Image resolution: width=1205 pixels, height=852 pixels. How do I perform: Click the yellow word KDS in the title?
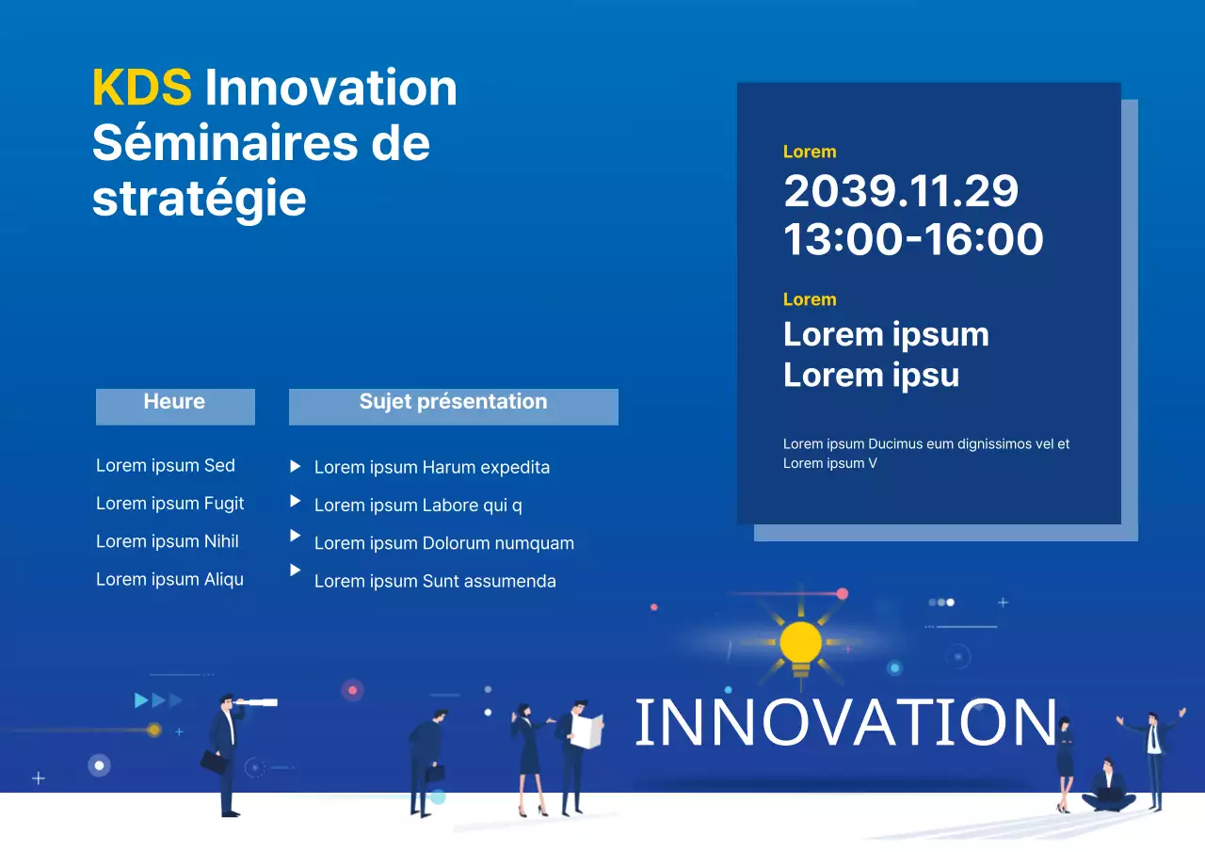[x=141, y=88]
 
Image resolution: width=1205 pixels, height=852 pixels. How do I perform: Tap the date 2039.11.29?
[x=901, y=191]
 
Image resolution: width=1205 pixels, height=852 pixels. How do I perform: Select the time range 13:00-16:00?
[x=913, y=239]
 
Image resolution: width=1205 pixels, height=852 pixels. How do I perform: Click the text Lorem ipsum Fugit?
[x=169, y=504]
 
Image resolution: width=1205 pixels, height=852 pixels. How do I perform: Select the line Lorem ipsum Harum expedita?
[x=431, y=468]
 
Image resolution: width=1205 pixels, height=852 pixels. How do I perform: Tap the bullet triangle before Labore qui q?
[x=296, y=501]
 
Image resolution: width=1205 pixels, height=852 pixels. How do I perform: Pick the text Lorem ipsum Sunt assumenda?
[x=434, y=582]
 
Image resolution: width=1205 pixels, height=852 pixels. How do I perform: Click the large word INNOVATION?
[x=845, y=723]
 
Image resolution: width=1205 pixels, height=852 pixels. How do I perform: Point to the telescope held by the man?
[x=256, y=702]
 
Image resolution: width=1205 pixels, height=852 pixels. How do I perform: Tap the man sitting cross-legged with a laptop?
[x=1109, y=789]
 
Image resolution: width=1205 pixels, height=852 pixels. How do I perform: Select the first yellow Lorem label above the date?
[x=809, y=152]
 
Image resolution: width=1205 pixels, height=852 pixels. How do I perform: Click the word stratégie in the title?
[x=199, y=198]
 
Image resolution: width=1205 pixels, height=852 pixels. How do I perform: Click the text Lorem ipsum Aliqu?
[x=169, y=580]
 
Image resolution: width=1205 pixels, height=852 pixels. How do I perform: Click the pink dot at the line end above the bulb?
[x=842, y=594]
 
